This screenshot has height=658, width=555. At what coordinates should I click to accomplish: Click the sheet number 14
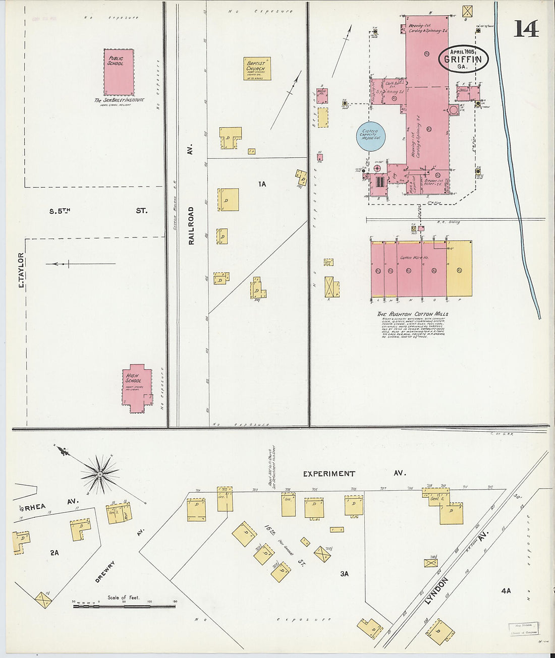pyautogui.click(x=526, y=29)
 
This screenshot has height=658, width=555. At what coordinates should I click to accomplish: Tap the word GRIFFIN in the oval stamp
pyautogui.click(x=463, y=59)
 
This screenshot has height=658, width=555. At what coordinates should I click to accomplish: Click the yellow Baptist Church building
pyautogui.click(x=257, y=69)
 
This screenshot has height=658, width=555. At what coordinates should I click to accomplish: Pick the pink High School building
pyautogui.click(x=137, y=388)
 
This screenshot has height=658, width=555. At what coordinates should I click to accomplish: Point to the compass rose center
pyautogui.click(x=100, y=473)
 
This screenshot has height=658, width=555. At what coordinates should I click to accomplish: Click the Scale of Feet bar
pyautogui.click(x=124, y=606)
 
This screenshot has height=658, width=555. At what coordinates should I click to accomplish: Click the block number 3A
pyautogui.click(x=345, y=573)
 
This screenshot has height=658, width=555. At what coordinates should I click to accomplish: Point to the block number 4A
pyautogui.click(x=506, y=590)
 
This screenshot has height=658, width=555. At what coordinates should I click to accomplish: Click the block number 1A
pyautogui.click(x=262, y=185)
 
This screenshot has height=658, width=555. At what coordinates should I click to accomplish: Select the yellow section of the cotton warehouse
pyautogui.click(x=459, y=268)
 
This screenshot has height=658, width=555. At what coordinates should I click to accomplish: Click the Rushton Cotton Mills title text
pyautogui.click(x=412, y=314)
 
